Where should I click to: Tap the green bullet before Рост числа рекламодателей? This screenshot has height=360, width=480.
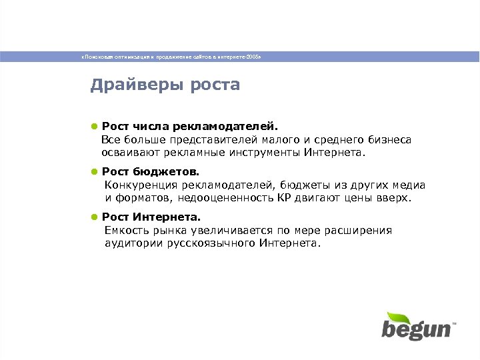pyautogui.click(x=95, y=125)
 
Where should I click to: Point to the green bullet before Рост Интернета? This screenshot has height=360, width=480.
pyautogui.click(x=95, y=217)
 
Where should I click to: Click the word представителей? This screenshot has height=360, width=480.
pyautogui.click(x=209, y=139)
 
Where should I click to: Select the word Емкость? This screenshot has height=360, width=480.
pyautogui.click(x=124, y=231)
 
